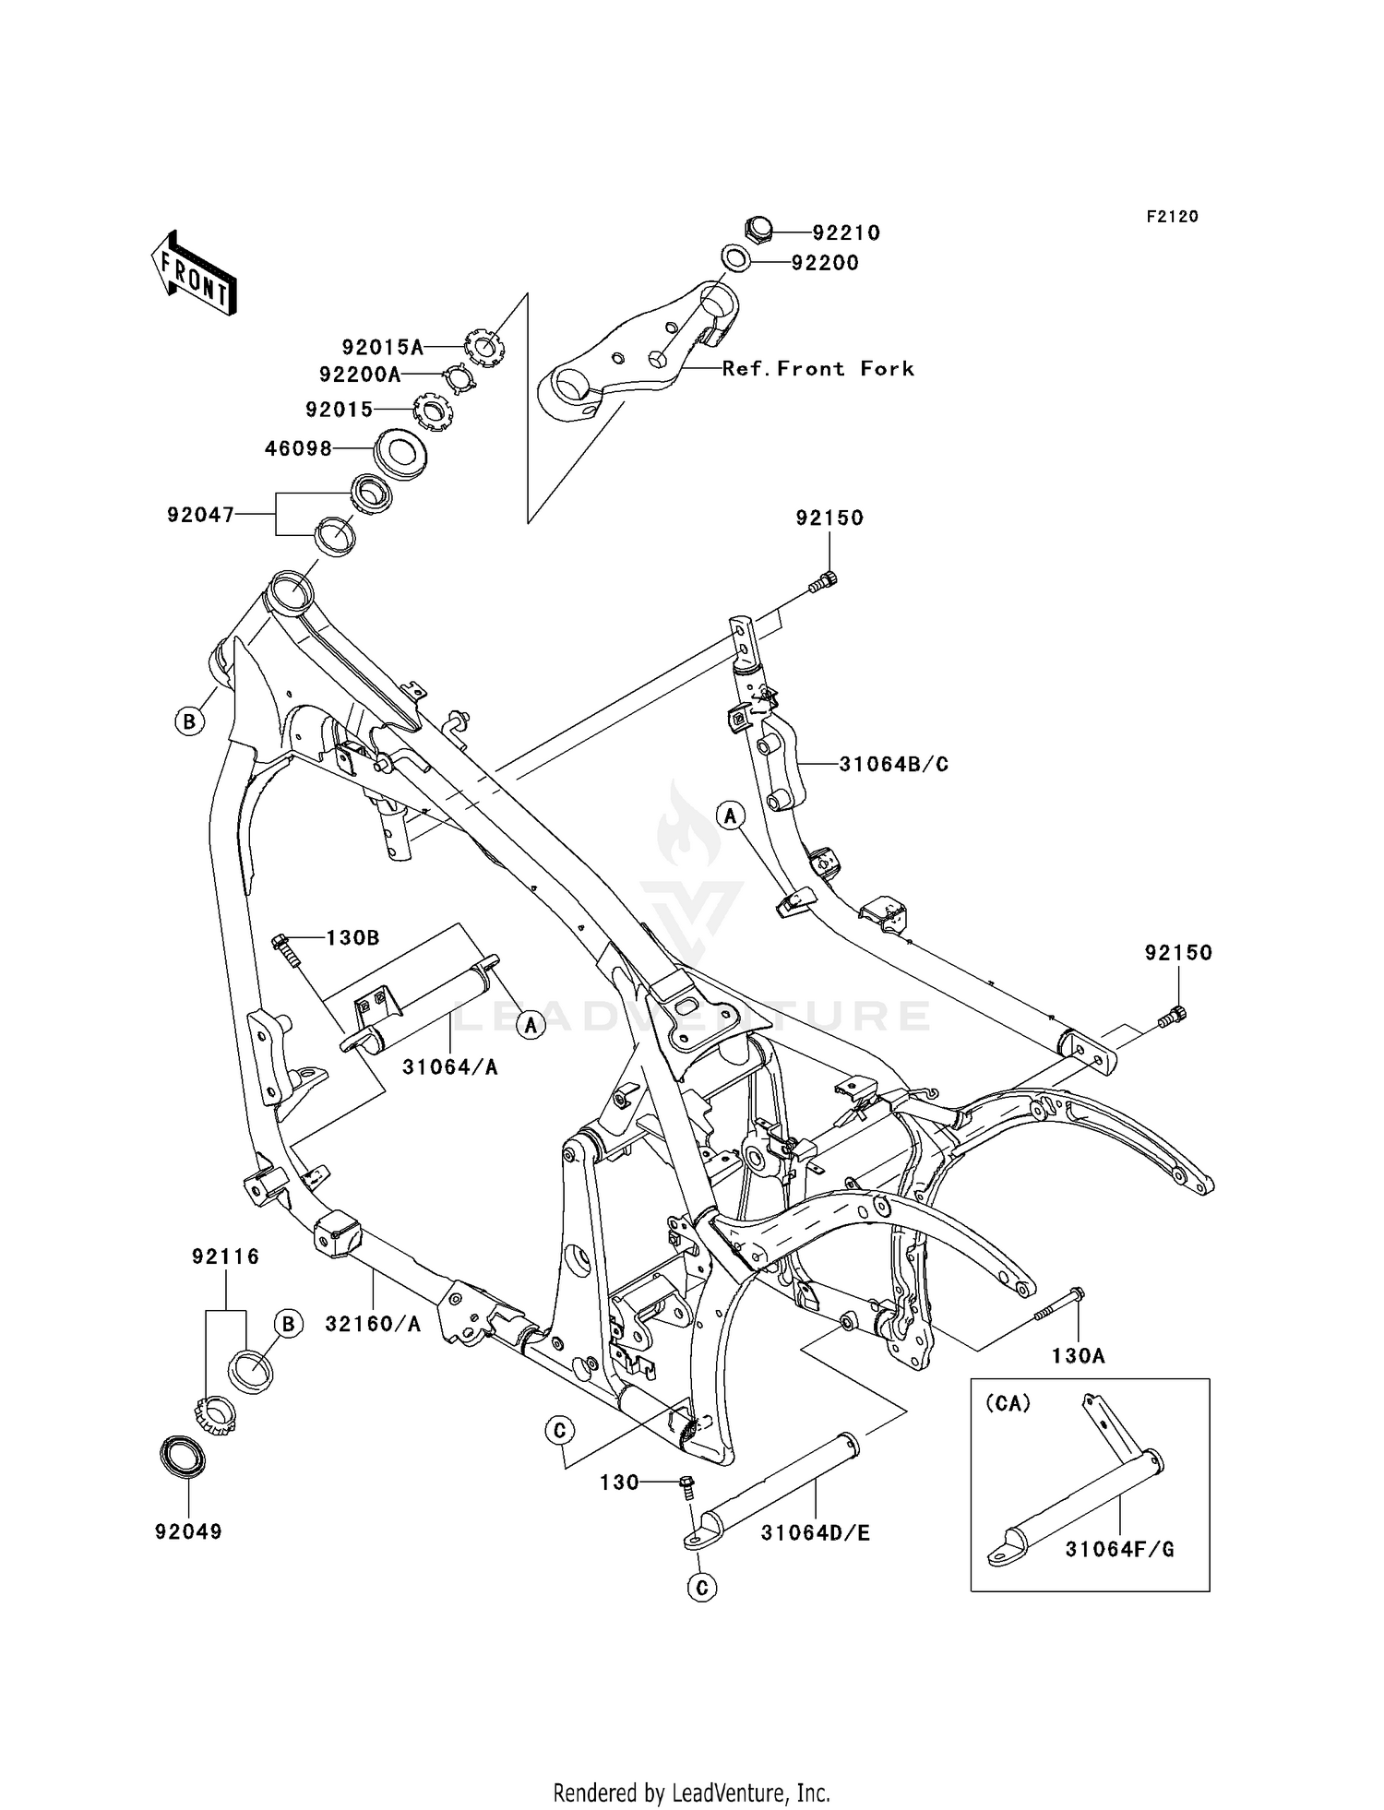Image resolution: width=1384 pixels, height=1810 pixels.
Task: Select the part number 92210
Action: [846, 233]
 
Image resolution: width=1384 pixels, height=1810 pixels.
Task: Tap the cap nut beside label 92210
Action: [758, 228]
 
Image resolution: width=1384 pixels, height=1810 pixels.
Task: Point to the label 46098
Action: [298, 449]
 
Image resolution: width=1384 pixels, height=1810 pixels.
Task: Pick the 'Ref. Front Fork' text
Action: [817, 369]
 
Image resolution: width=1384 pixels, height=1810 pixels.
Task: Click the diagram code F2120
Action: [1173, 217]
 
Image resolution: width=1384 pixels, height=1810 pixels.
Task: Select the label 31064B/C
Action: [893, 765]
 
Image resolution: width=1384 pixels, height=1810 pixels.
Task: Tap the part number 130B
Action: [352, 938]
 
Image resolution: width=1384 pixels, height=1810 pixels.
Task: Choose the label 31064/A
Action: [450, 1067]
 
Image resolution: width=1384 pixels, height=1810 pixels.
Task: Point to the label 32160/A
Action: [373, 1324]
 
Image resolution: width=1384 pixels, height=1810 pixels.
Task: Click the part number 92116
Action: [226, 1256]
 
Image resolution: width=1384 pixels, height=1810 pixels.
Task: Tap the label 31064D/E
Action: [816, 1533]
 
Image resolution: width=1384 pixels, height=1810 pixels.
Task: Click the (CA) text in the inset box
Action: [1008, 1403]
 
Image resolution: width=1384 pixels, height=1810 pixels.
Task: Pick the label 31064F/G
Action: [1120, 1550]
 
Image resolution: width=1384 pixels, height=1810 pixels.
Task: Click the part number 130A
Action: [1078, 1355]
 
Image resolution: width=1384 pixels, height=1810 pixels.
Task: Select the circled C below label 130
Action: [702, 1588]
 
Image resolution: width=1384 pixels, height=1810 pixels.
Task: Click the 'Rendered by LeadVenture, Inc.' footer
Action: [692, 1792]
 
